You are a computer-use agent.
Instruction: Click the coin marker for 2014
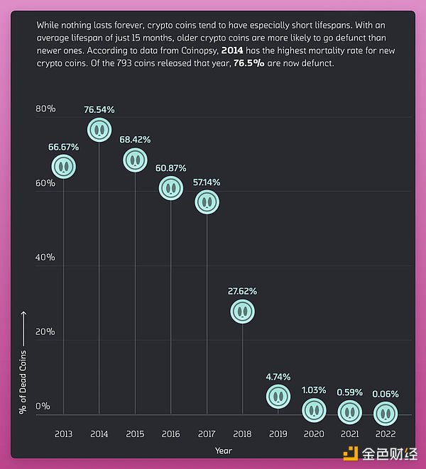[x=99, y=129]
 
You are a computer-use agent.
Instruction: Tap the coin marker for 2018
[x=243, y=311]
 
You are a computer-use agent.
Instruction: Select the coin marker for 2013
[x=64, y=166]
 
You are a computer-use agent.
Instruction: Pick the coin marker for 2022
[x=386, y=412]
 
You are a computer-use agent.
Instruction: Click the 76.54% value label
[x=99, y=110]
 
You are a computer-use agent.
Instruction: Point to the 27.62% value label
[x=243, y=291]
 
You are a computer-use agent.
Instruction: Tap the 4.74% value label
[x=278, y=377]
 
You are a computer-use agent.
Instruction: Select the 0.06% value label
[x=386, y=394]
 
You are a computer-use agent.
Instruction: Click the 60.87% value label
[x=171, y=168]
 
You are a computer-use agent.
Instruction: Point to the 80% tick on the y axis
[x=45, y=109]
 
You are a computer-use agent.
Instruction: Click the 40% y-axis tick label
[x=45, y=257]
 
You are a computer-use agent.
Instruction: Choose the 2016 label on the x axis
[x=171, y=433]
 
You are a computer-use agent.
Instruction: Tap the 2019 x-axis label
[x=278, y=433]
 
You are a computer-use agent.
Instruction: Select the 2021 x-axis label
[x=350, y=433]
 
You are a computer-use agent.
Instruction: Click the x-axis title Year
[x=224, y=450]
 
